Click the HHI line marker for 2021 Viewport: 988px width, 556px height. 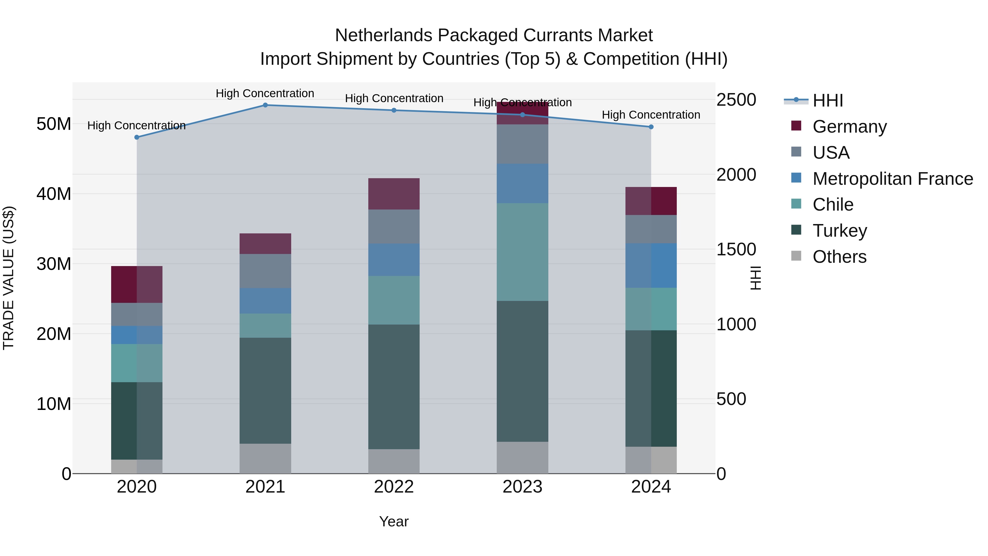(265, 105)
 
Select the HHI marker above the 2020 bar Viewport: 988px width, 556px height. (137, 137)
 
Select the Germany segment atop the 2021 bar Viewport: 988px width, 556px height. (265, 243)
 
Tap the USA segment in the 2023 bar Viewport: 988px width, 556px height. (522, 144)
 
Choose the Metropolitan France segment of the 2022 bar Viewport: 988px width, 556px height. (394, 259)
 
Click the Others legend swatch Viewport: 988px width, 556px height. (796, 256)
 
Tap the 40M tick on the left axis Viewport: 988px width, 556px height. (54, 194)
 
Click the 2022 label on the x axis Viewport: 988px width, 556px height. (394, 487)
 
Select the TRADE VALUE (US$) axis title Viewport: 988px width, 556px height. (9, 278)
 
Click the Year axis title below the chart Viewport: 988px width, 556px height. (394, 521)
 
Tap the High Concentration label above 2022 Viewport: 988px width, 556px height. (394, 98)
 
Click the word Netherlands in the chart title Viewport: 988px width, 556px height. (384, 35)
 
